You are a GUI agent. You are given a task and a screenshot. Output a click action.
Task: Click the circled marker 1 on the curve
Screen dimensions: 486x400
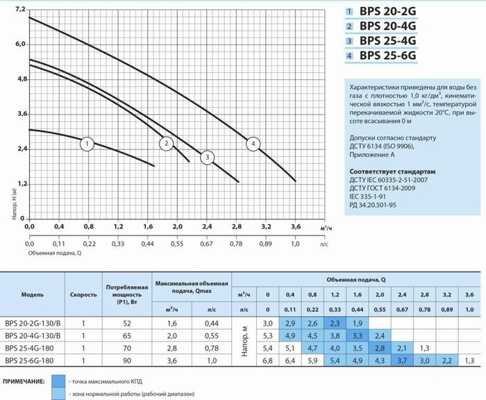point(87,144)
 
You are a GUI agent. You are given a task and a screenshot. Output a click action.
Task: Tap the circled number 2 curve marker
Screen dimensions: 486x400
point(167,144)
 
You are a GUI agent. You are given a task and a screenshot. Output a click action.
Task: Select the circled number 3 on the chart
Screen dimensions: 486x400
point(208,158)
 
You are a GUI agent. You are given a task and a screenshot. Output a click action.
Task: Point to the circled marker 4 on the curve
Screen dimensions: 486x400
point(253,144)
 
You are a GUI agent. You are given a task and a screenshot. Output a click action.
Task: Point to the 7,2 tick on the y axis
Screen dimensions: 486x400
point(20,9)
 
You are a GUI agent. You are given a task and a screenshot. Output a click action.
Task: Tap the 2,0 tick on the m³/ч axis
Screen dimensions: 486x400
point(177,226)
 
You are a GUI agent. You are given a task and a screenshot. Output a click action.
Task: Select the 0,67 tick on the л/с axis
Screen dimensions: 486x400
point(206,244)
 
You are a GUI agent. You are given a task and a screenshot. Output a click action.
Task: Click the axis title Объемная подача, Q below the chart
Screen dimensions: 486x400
point(55,253)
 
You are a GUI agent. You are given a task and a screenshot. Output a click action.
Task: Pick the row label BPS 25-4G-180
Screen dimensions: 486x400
point(29,348)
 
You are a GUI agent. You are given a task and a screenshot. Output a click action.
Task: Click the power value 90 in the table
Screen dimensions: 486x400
point(127,360)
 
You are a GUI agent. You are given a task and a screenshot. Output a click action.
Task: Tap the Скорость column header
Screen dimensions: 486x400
point(83,294)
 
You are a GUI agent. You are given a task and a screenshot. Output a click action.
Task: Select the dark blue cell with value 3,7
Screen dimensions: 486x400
point(402,360)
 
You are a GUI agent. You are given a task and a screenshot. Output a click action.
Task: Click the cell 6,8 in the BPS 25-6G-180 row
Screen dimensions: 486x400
point(267,360)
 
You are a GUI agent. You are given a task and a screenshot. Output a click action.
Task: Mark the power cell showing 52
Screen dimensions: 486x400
point(127,324)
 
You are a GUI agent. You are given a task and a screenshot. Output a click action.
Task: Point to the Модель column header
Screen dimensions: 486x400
point(32,294)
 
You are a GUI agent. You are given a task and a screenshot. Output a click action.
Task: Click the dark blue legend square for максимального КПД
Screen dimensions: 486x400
point(58,381)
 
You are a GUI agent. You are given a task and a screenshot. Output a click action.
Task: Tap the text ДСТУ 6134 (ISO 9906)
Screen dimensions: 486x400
point(382,146)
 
